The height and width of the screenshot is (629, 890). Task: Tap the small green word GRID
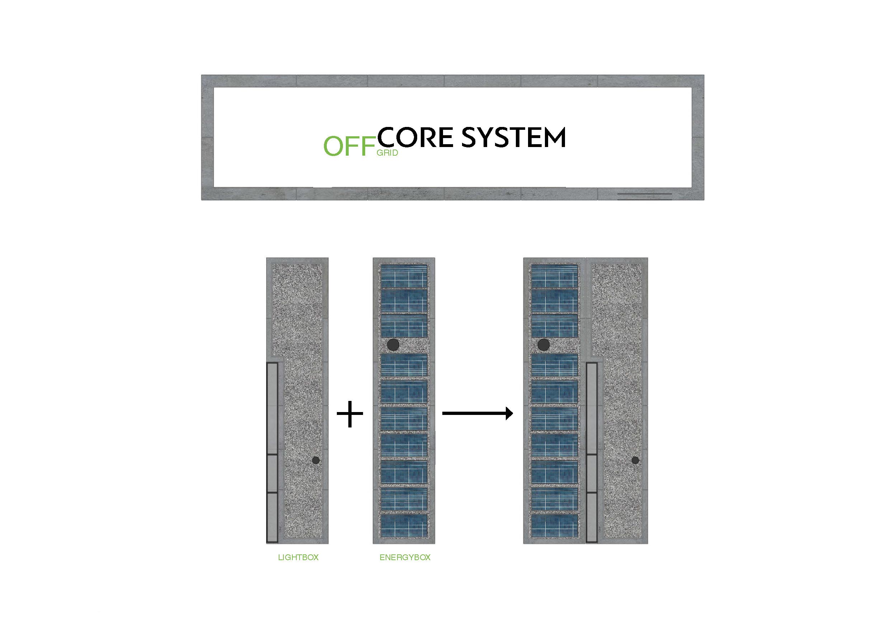(387, 153)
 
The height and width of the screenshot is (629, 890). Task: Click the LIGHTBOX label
(298, 558)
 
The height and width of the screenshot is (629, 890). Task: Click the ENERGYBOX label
(405, 558)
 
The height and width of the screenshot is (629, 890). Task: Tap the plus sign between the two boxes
(350, 413)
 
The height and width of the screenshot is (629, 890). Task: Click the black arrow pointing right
(477, 413)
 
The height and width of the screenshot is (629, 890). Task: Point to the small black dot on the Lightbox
(316, 460)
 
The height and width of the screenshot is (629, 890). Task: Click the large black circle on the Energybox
(393, 344)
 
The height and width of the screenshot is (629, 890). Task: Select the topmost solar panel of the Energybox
(404, 275)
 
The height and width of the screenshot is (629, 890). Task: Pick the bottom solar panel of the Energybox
(404, 525)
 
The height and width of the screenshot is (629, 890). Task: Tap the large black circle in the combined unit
(543, 344)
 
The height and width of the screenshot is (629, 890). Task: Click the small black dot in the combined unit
(635, 460)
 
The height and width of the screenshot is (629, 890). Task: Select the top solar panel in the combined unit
(554, 275)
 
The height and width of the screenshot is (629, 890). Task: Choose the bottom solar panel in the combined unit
(554, 525)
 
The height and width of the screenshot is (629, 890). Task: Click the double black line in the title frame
(644, 196)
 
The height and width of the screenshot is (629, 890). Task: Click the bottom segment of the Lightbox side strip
(272, 517)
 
